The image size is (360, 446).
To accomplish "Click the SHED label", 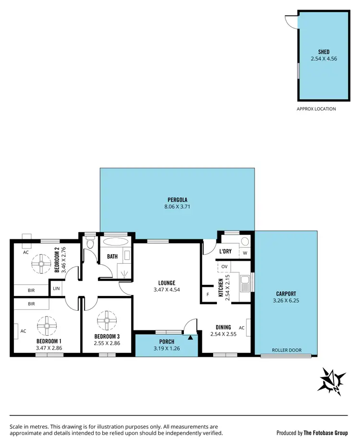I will pos(324,52).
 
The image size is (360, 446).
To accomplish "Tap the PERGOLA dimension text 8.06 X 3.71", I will pos(177,207).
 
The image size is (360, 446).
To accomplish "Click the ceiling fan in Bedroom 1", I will pos(47,326).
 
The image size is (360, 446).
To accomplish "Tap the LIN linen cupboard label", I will pos(57,289).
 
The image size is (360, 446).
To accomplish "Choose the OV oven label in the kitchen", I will pos(224,266).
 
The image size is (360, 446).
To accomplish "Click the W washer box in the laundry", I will pos(245,253).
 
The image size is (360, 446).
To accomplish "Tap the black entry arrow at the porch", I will pos(191,338).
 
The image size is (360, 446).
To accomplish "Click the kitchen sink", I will pos(245,283).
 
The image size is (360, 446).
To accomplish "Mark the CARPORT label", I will pos(286,294).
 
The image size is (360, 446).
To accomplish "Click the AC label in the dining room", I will pos(241,328).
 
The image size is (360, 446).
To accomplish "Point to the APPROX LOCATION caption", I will pos(316,109).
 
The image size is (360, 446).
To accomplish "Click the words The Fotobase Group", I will pos(325,433).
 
